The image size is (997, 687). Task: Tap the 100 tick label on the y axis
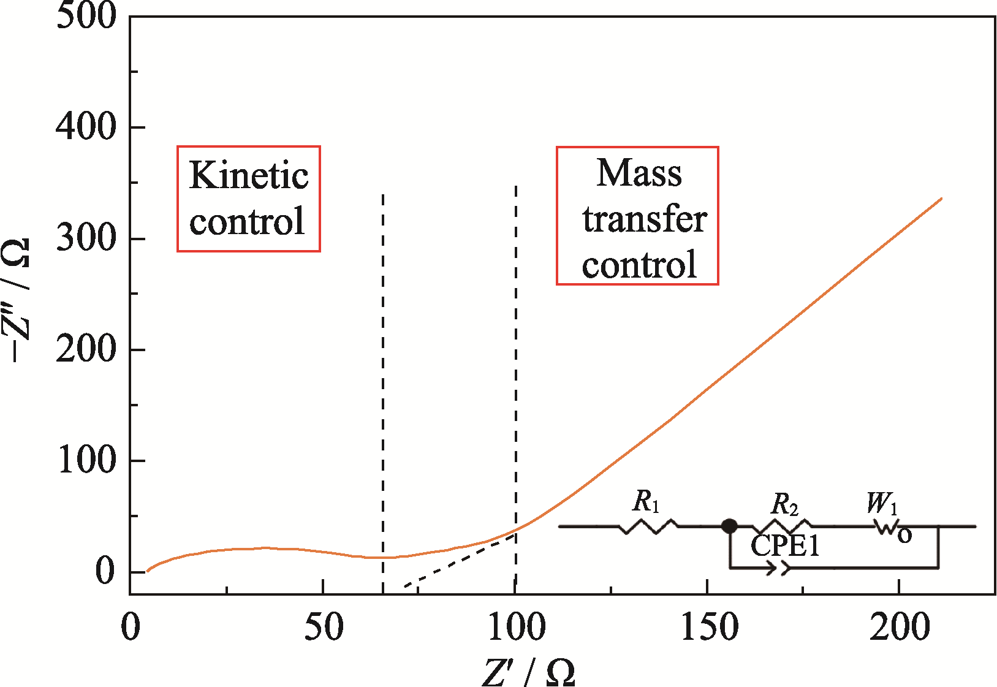point(86,460)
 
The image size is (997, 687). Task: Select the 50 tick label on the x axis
point(324,627)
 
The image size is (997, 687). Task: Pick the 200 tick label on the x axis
point(900,627)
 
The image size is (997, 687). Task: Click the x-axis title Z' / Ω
point(528,672)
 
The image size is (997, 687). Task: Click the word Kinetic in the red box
point(248,175)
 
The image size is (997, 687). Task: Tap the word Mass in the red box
point(639,173)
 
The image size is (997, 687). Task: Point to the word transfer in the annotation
point(644,219)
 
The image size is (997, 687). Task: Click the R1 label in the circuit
point(646,501)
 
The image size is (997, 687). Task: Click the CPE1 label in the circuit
point(785,545)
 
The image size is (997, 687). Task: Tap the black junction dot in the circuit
point(729,526)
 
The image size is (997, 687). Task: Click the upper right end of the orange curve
point(941,199)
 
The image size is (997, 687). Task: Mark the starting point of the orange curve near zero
point(148,571)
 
